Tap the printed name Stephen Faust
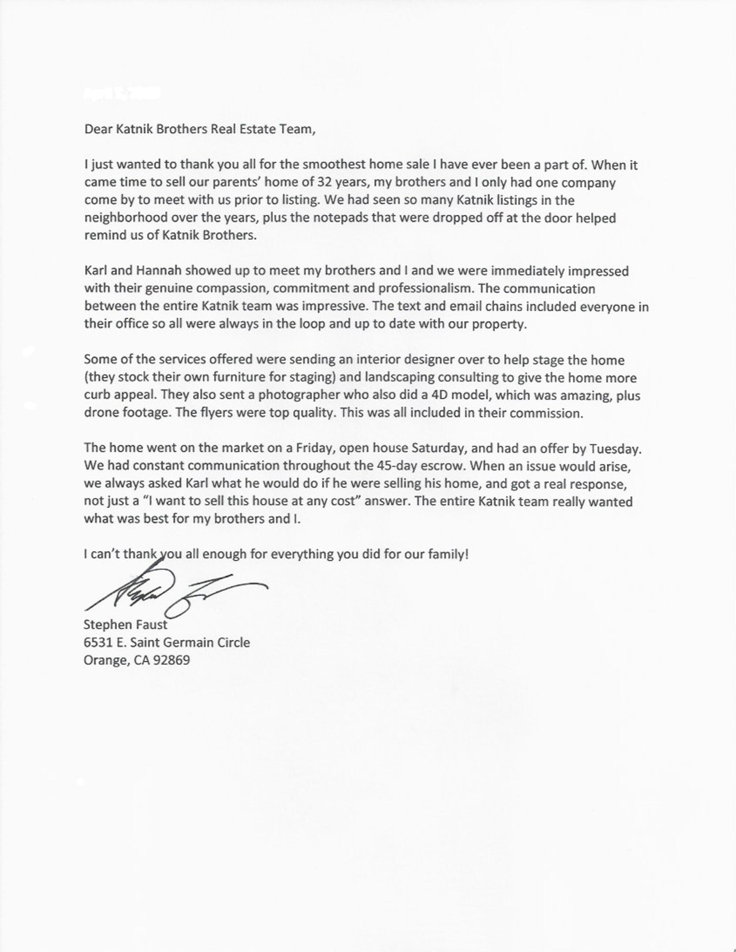126,625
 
